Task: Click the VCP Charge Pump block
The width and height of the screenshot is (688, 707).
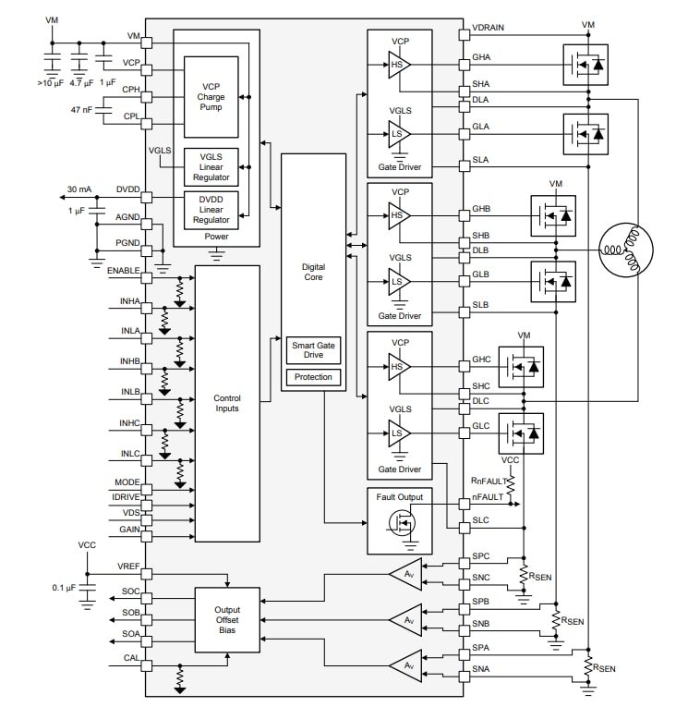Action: point(211,97)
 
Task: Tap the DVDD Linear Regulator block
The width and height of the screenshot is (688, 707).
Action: point(211,209)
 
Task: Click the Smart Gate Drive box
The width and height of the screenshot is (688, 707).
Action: point(313,349)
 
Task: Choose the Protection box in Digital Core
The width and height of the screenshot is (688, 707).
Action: point(313,377)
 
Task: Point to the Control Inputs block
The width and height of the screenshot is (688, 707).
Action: point(227,403)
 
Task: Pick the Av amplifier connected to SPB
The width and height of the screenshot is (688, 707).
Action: point(406,619)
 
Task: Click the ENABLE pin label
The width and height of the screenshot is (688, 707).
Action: point(123,270)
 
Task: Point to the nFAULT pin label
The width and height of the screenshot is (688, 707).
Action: point(488,497)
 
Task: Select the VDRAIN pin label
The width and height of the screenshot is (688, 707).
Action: point(488,28)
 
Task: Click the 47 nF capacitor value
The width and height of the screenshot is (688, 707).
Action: point(83,110)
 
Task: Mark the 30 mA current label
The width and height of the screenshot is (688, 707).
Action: point(78,190)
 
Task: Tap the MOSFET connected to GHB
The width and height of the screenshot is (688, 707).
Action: point(552,215)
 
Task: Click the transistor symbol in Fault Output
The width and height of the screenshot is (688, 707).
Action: point(399,524)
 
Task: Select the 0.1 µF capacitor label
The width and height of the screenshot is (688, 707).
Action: point(64,588)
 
